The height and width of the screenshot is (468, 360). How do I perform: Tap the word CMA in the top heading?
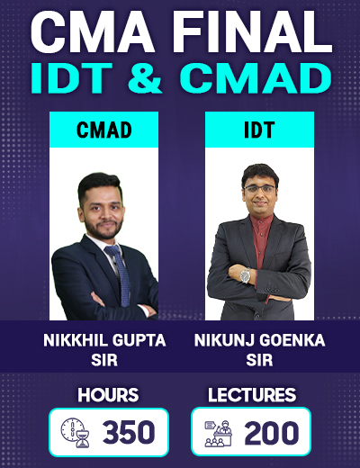point(93,33)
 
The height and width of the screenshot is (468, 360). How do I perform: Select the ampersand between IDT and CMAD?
point(146,77)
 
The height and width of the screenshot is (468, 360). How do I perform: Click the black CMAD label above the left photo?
point(103,130)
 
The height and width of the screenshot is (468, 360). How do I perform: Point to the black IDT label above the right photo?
point(259,130)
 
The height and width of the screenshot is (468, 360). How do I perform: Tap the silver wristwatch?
point(245,275)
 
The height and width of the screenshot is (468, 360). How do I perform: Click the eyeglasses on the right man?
point(259,189)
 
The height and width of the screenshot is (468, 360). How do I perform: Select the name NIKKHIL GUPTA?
point(104,340)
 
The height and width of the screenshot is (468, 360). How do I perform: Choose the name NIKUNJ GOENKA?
point(259,340)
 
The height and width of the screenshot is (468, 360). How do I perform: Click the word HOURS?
point(108,395)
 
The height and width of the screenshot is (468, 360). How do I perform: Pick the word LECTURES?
point(252,395)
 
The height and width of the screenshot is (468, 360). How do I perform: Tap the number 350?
point(129,432)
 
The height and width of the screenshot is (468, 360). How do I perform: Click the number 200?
point(272,432)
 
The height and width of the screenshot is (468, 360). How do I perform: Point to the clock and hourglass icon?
point(75,433)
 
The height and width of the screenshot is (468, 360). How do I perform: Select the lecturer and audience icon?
point(219,433)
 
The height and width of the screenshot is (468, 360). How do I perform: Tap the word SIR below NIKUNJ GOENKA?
point(259,360)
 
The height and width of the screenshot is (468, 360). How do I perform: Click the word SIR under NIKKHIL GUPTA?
point(104,360)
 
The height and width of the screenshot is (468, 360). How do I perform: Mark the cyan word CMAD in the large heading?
point(256,77)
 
